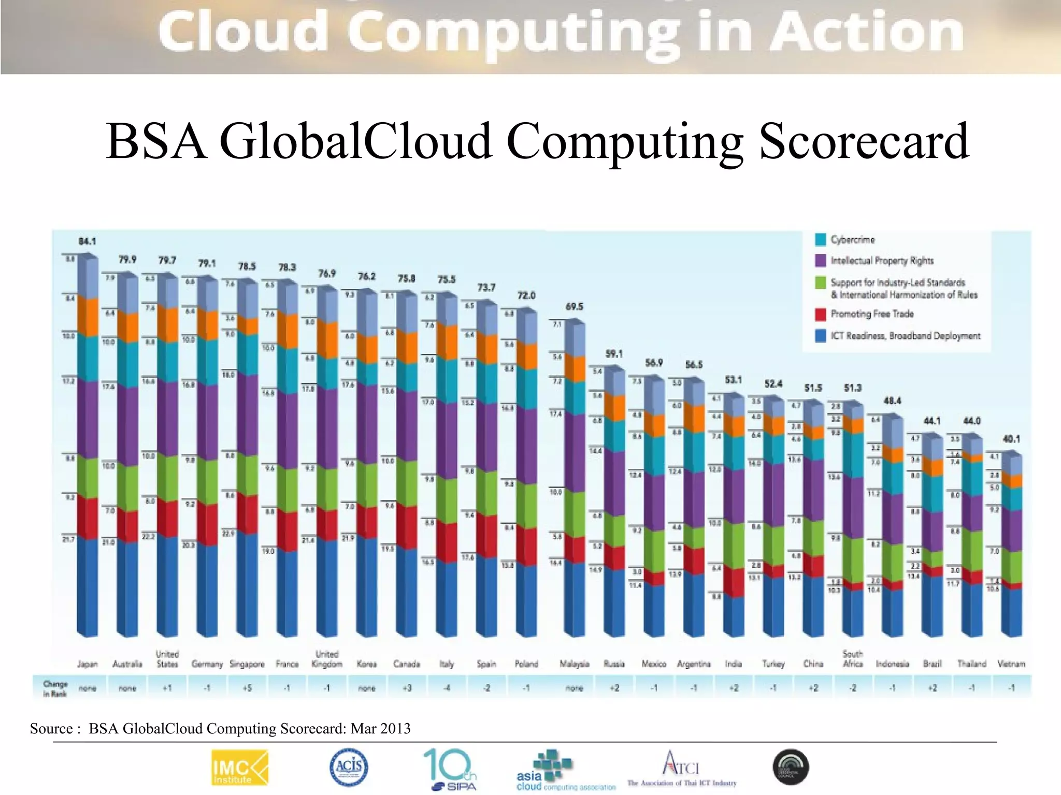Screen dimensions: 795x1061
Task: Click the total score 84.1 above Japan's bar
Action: [x=87, y=241]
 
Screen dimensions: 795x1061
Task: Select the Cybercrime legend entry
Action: [x=852, y=240]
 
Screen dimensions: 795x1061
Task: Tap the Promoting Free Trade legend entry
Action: [x=871, y=314]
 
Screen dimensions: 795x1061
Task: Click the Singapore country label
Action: [x=247, y=664]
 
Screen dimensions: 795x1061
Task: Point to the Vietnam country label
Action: [x=1011, y=664]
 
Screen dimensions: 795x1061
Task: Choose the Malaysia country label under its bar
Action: [x=574, y=664]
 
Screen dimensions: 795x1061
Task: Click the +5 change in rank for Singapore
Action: [x=247, y=688]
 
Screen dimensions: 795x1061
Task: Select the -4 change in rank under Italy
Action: [x=446, y=688]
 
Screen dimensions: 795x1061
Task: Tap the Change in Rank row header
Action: [x=55, y=688]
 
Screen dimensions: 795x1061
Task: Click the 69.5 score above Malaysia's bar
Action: [x=574, y=306]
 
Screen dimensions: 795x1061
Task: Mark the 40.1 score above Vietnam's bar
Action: [x=1011, y=439]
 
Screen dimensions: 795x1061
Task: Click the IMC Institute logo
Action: [x=240, y=768]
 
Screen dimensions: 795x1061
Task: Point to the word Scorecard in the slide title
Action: [x=864, y=141]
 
